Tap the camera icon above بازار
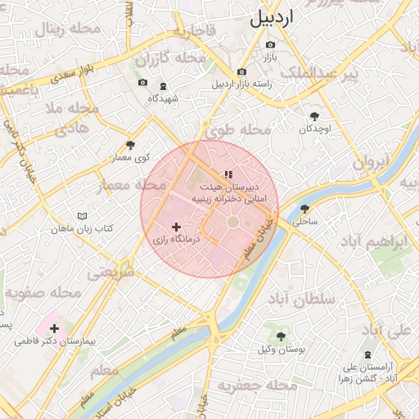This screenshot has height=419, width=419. pyautogui.click(x=270, y=45)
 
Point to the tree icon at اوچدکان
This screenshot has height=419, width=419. pyautogui.click(x=314, y=116)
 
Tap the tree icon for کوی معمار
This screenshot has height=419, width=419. pyautogui.click(x=129, y=145)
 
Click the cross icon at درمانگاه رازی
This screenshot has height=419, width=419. pyautogui.click(x=176, y=227)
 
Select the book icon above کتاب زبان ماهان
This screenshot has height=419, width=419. pyautogui.click(x=81, y=215)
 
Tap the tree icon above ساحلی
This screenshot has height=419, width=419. pyautogui.click(x=305, y=209)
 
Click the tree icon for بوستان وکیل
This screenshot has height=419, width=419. pyautogui.click(x=281, y=336)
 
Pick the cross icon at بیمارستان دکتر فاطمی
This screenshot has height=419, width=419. pyautogui.click(x=55, y=328)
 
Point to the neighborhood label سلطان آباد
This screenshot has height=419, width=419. pyautogui.click(x=308, y=299)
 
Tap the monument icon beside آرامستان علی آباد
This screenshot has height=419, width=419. pyautogui.click(x=367, y=355)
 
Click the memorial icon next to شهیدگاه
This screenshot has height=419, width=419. pyautogui.click(x=162, y=85)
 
